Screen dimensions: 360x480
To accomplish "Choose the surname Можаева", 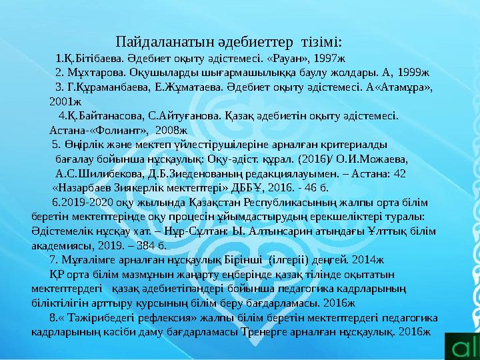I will click(x=383, y=160).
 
